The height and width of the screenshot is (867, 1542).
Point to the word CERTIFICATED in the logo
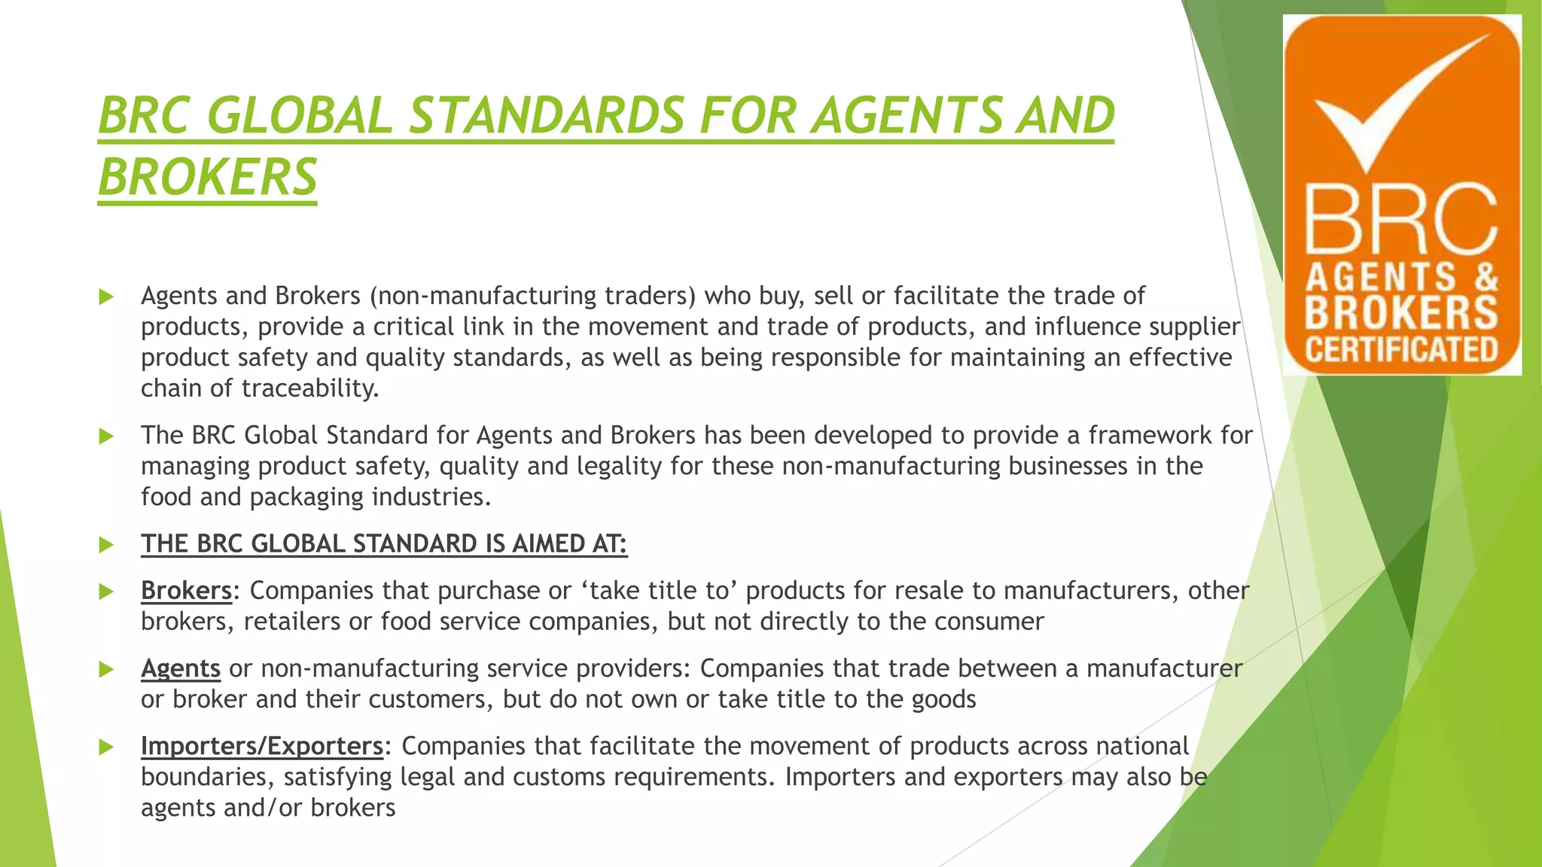tap(1401, 350)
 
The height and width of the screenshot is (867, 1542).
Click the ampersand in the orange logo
tap(1486, 277)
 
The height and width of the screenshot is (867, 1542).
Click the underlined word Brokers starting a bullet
tap(186, 591)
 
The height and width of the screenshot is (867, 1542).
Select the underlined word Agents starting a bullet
tap(181, 668)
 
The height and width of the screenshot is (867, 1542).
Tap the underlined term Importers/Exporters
tap(262, 746)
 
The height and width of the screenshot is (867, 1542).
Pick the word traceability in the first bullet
tap(310, 388)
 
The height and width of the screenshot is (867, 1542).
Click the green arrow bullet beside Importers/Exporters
tap(106, 747)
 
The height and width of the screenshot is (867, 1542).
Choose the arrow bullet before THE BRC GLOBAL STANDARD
tap(106, 545)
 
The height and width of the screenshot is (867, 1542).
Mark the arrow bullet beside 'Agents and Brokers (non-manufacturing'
tap(106, 297)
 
